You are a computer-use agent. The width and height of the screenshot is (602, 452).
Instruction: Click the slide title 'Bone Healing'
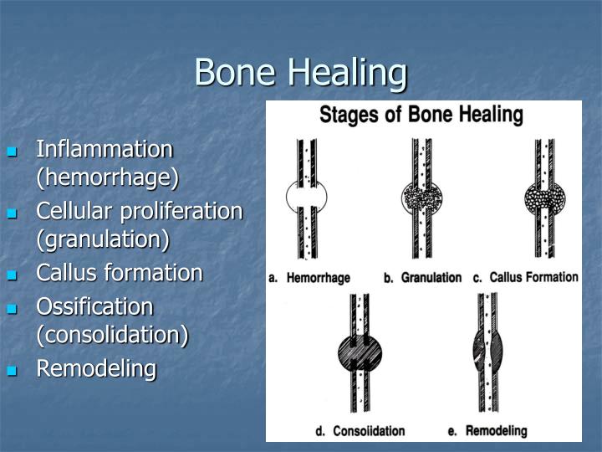(300, 72)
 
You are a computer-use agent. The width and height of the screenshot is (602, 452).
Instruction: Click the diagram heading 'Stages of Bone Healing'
(421, 115)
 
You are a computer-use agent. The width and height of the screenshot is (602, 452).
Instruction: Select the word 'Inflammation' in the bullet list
(105, 150)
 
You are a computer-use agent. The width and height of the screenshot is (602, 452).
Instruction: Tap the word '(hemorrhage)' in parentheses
(107, 177)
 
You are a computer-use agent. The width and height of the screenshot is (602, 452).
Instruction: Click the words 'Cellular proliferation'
(139, 211)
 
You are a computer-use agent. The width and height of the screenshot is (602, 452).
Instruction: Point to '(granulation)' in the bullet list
(102, 239)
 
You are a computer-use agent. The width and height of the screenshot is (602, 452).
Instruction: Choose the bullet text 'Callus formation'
(119, 273)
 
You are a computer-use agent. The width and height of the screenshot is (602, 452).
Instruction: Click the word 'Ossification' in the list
(94, 306)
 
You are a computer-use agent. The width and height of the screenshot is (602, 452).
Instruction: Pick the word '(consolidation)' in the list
(112, 335)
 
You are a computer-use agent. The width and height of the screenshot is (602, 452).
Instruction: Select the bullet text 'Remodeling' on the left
(96, 368)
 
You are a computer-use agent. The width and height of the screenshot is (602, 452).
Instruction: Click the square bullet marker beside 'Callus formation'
(12, 275)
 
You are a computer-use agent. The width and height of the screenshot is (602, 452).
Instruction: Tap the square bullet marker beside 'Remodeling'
(12, 370)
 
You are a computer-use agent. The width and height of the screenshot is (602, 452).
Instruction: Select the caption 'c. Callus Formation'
(525, 278)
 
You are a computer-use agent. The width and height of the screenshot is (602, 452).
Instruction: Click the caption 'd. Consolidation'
(360, 431)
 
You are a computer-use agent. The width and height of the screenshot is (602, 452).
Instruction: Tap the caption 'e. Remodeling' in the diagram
(487, 431)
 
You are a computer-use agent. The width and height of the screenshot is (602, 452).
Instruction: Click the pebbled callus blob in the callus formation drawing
(544, 199)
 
